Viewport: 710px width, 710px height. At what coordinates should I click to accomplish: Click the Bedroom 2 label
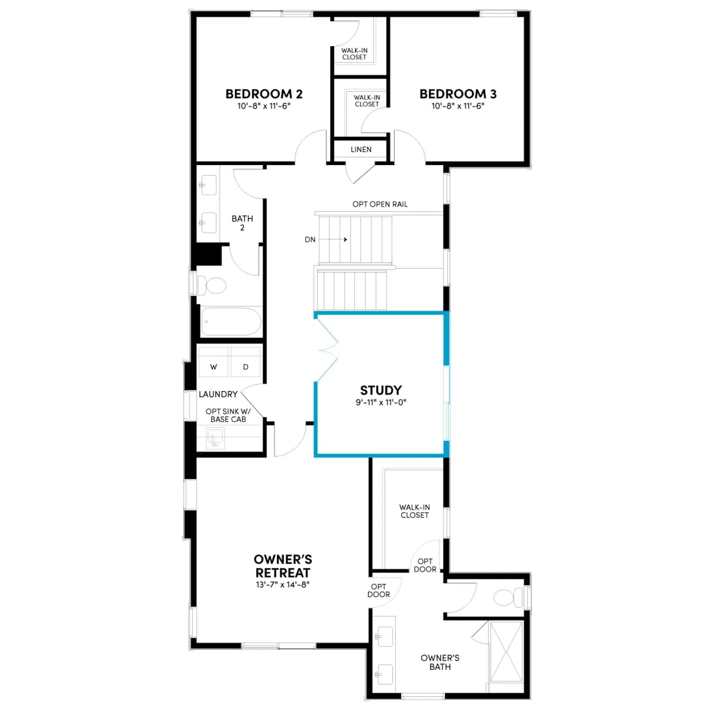pos(264,94)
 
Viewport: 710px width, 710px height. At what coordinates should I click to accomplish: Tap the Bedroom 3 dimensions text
pos(458,106)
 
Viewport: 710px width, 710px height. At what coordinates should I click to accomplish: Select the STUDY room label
pos(381,390)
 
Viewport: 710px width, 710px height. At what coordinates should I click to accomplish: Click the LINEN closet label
pos(361,150)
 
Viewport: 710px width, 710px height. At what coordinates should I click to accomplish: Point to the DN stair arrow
pos(333,240)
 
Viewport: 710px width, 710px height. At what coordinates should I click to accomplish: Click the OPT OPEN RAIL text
pos(380,204)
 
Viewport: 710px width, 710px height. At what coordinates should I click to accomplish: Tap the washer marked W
pos(213,362)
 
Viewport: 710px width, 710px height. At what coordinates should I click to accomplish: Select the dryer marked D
pos(245,362)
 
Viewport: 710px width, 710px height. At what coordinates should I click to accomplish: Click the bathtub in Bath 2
pos(231,322)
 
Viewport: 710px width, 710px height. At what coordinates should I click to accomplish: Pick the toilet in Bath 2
pos(211,285)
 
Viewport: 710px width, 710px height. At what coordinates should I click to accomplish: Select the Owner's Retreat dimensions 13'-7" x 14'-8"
pos(283,584)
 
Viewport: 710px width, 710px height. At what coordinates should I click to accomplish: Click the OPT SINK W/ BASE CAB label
pos(228,415)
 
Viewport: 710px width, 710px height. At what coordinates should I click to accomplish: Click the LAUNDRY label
pos(218,394)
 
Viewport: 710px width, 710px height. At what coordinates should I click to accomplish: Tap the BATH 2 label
pos(242,223)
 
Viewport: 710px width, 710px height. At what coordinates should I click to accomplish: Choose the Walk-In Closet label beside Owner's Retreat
pos(414,511)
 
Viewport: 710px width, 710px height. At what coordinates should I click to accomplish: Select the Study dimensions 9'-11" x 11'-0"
pos(381,402)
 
